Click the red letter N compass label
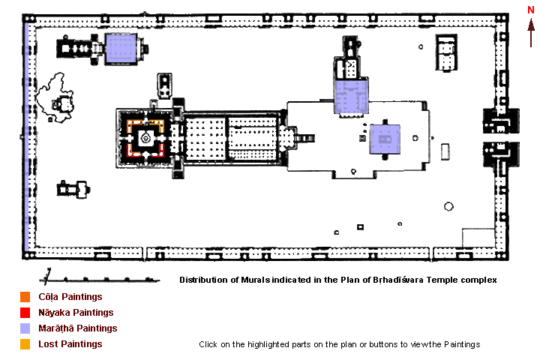[x=530, y=9]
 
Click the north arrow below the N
[x=531, y=33]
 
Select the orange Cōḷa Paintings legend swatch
[x=25, y=297]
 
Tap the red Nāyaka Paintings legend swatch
[x=25, y=313]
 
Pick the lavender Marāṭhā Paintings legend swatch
[x=25, y=328]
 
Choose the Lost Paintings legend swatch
[x=25, y=344]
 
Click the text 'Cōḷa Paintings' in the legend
[x=70, y=297]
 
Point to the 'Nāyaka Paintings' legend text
[x=76, y=313]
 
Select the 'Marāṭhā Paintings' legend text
[x=77, y=328]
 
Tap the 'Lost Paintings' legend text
[x=70, y=344]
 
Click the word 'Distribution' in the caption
[x=204, y=280]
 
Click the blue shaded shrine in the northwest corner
[x=121, y=49]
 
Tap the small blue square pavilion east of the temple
[x=385, y=138]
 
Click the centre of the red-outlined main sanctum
[x=145, y=138]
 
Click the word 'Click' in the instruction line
[x=210, y=345]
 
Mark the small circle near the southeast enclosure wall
[x=448, y=206]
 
